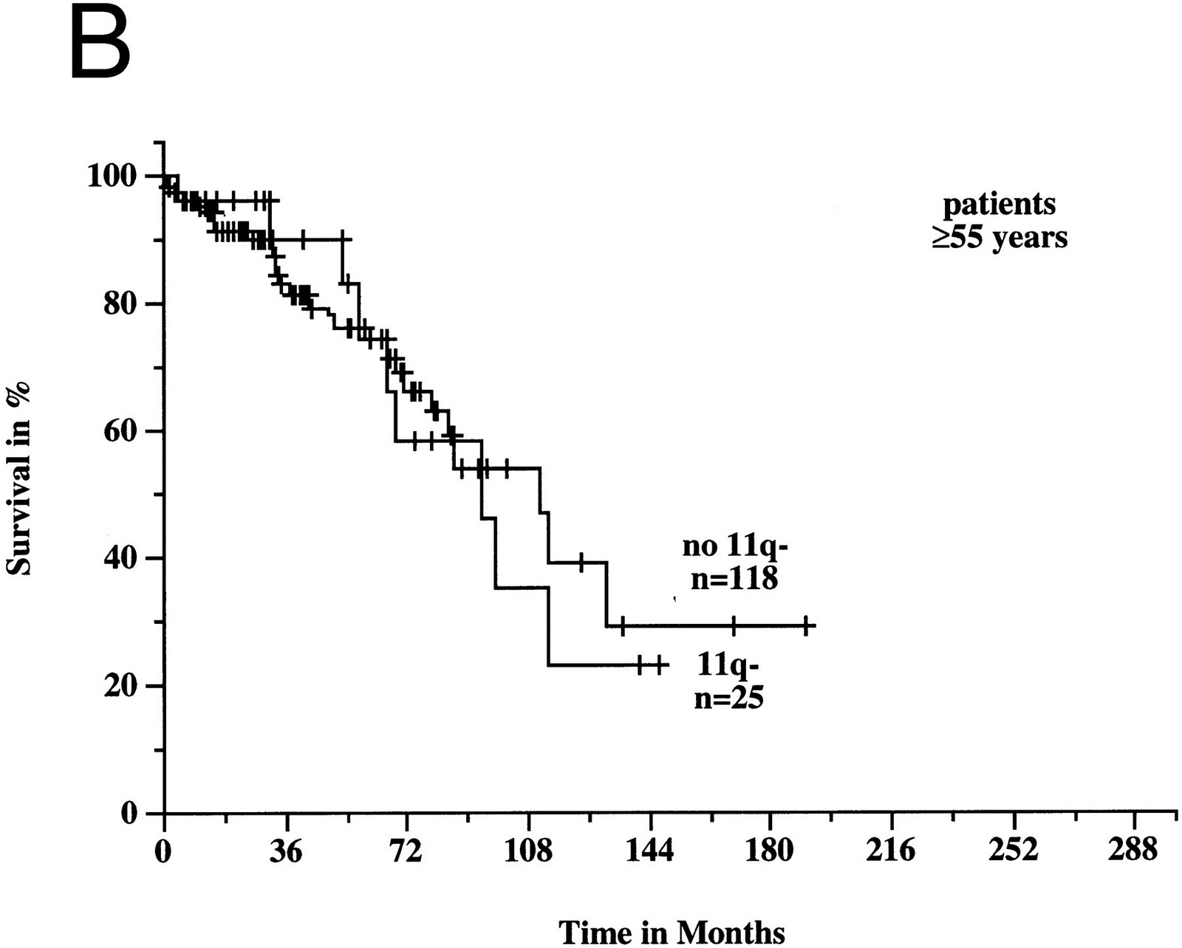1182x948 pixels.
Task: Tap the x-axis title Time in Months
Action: pos(672,932)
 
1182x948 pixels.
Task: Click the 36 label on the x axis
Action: pos(284,851)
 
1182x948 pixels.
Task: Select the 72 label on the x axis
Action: pos(406,851)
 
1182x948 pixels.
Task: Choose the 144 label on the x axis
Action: pos(649,851)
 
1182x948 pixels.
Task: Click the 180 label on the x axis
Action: pos(771,851)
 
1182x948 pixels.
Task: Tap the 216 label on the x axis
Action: pos(892,851)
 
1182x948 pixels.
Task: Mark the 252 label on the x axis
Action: pos(1014,851)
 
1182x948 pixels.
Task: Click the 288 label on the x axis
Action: pos(1134,851)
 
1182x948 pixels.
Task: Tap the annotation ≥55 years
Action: pos(999,238)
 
